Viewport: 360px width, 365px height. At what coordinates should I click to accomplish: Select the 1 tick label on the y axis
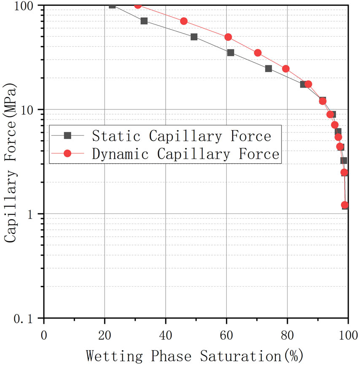tap(35, 214)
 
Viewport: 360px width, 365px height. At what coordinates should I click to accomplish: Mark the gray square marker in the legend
tap(67, 136)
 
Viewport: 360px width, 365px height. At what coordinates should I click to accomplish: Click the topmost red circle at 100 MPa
tap(138, 5)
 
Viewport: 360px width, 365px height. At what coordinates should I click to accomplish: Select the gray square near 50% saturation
tap(194, 37)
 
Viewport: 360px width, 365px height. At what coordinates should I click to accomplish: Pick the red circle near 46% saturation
tap(184, 21)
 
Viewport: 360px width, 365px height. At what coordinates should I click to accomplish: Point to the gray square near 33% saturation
tap(144, 21)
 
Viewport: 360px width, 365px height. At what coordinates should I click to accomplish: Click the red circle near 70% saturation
tap(258, 53)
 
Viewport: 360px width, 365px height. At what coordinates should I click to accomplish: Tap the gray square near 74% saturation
tap(269, 69)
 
